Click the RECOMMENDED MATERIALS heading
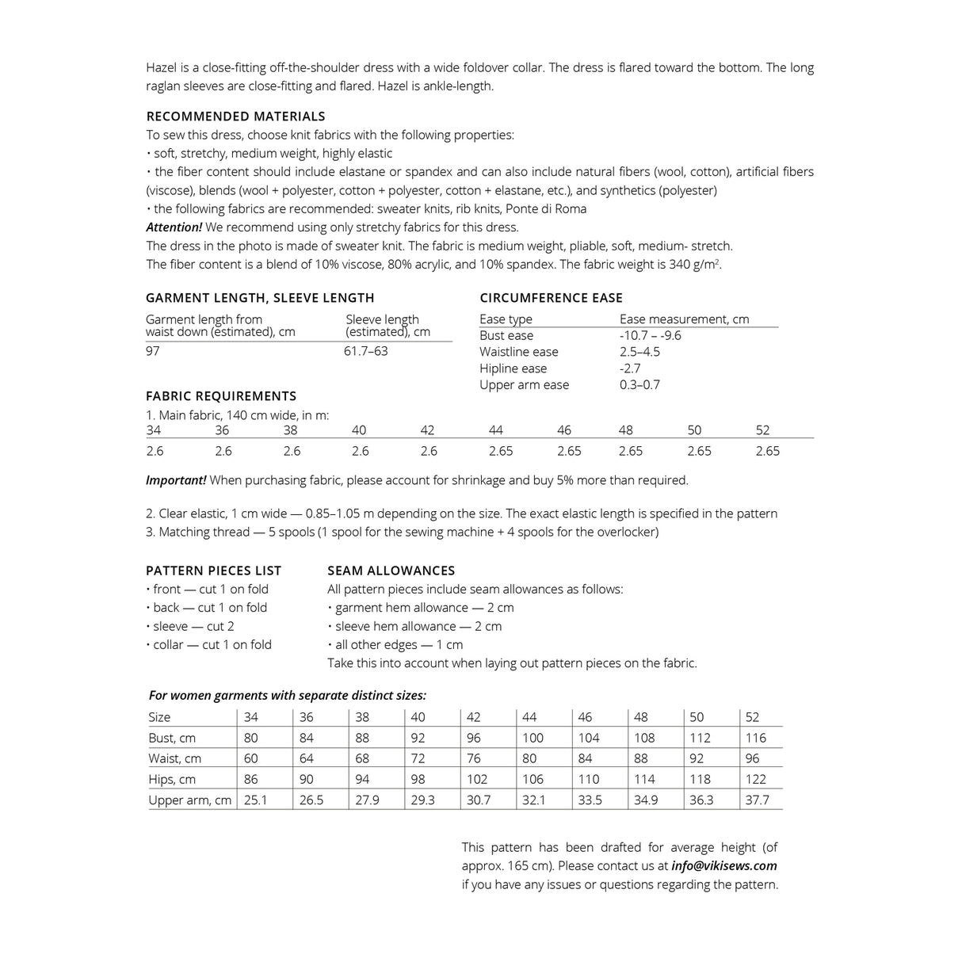tap(235, 116)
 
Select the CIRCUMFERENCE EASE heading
tap(551, 298)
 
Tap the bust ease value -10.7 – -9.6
tap(650, 335)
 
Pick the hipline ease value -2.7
tap(630, 368)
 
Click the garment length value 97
tap(153, 351)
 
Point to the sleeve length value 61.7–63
tap(365, 351)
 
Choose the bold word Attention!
tap(174, 227)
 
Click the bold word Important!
tap(176, 480)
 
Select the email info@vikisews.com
tap(723, 866)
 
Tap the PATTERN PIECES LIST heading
tap(213, 571)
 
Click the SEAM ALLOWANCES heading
tap(391, 571)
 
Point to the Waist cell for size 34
tap(250, 758)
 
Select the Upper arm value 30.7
tap(479, 800)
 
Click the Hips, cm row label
tap(172, 779)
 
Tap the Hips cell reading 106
tap(533, 779)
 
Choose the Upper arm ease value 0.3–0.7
tap(639, 385)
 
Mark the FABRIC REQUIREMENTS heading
tap(221, 396)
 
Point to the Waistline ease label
tap(518, 352)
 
